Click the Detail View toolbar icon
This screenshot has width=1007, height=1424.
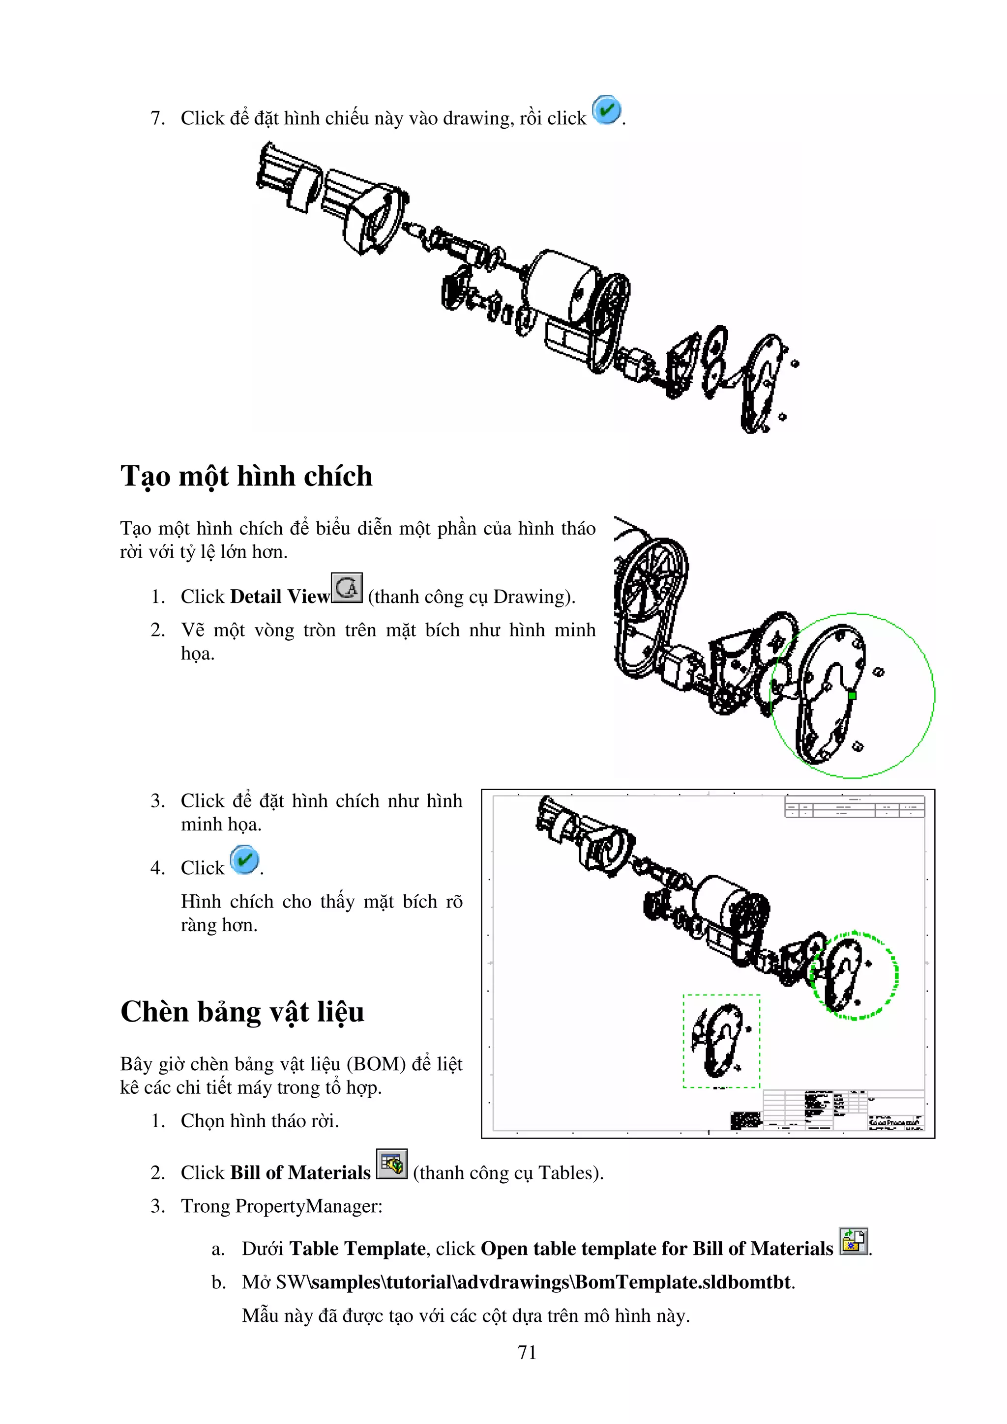point(347,587)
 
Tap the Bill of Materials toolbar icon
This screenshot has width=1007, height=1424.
point(391,1164)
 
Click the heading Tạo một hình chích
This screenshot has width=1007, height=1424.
point(246,476)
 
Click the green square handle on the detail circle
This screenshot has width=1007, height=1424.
point(852,696)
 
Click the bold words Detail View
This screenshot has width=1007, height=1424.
point(279,597)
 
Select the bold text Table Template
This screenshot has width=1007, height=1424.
point(357,1249)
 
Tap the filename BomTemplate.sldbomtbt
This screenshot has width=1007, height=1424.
point(683,1282)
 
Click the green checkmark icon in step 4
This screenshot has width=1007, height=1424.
point(244,859)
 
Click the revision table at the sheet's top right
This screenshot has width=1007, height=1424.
point(855,806)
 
